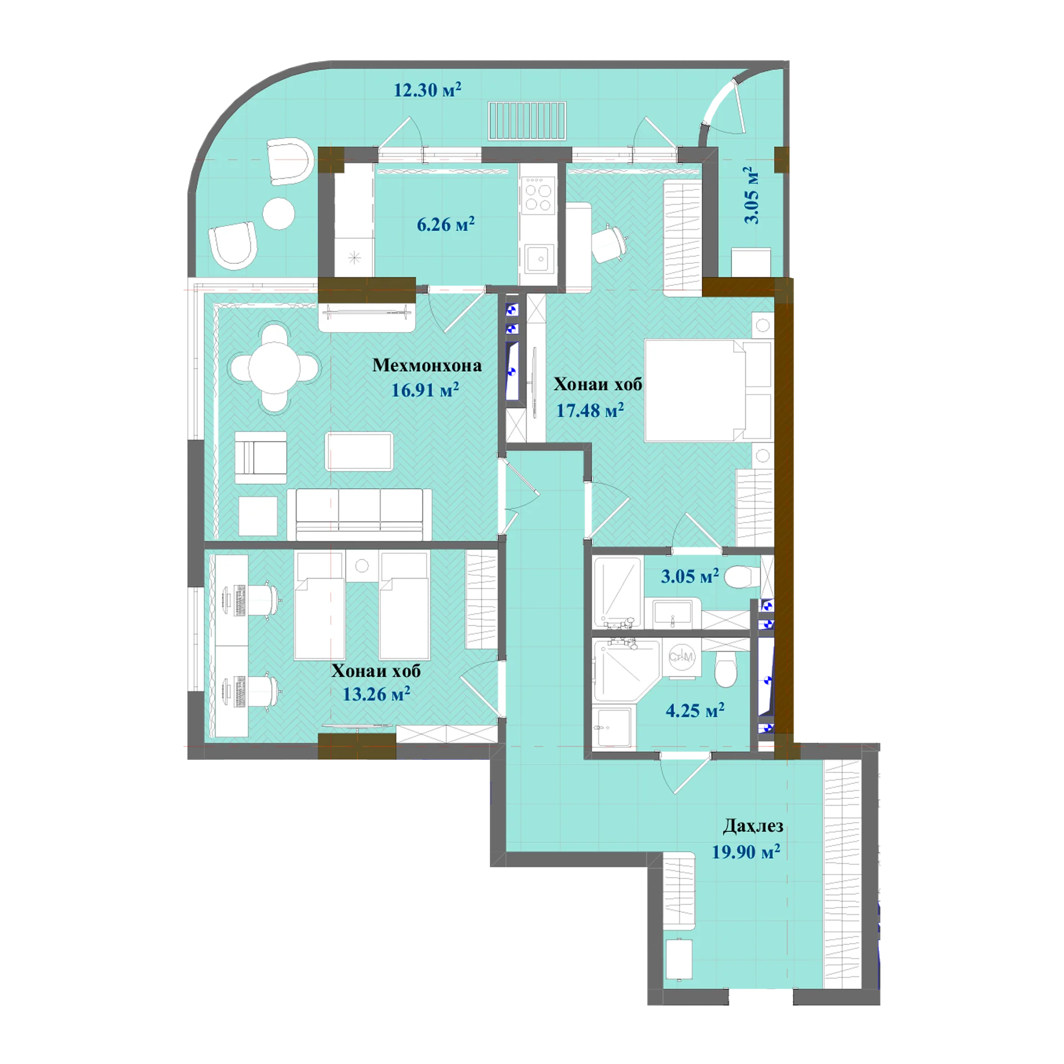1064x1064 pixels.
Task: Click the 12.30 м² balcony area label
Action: tap(427, 89)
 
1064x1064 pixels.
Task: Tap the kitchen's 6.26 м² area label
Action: tap(446, 224)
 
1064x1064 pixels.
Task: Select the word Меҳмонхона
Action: tap(427, 365)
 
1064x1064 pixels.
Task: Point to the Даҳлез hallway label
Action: tap(753, 826)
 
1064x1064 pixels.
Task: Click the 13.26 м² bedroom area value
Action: tap(376, 694)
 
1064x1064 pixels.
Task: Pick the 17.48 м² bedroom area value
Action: tap(590, 410)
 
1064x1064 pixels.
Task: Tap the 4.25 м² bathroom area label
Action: tap(695, 710)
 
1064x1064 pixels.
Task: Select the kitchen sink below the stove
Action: tap(538, 259)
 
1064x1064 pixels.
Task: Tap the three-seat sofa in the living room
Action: tap(359, 514)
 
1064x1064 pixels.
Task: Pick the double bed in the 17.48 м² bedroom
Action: tap(708, 390)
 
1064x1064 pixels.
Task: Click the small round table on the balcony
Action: tap(279, 213)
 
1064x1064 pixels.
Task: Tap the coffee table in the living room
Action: tap(359, 451)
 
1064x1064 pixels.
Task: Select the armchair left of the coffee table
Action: tap(260, 458)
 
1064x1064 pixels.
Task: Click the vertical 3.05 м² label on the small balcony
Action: tap(751, 195)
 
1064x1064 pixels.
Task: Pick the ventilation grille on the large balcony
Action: tap(527, 120)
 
